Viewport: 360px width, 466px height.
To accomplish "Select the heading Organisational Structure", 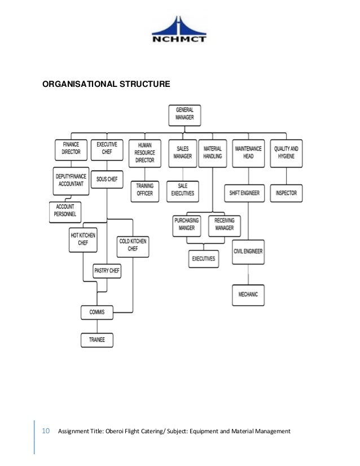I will (107, 85).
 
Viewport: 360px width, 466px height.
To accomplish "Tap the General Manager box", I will (185, 115).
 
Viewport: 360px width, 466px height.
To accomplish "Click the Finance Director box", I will (71, 149).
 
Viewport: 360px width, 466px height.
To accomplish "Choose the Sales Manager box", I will (182, 152).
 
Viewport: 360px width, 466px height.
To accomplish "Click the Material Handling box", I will (212, 152).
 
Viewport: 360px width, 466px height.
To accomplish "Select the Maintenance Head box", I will (248, 152).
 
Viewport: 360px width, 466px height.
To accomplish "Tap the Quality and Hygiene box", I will (286, 152).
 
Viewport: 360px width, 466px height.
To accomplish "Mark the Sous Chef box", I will (107, 179).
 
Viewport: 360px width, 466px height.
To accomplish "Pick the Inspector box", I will (286, 193).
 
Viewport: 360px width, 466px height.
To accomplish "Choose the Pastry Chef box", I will (107, 271).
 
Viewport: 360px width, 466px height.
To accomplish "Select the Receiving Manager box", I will (224, 225).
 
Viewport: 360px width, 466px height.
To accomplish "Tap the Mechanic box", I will (248, 294).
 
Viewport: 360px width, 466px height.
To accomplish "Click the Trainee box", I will (96, 340).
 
